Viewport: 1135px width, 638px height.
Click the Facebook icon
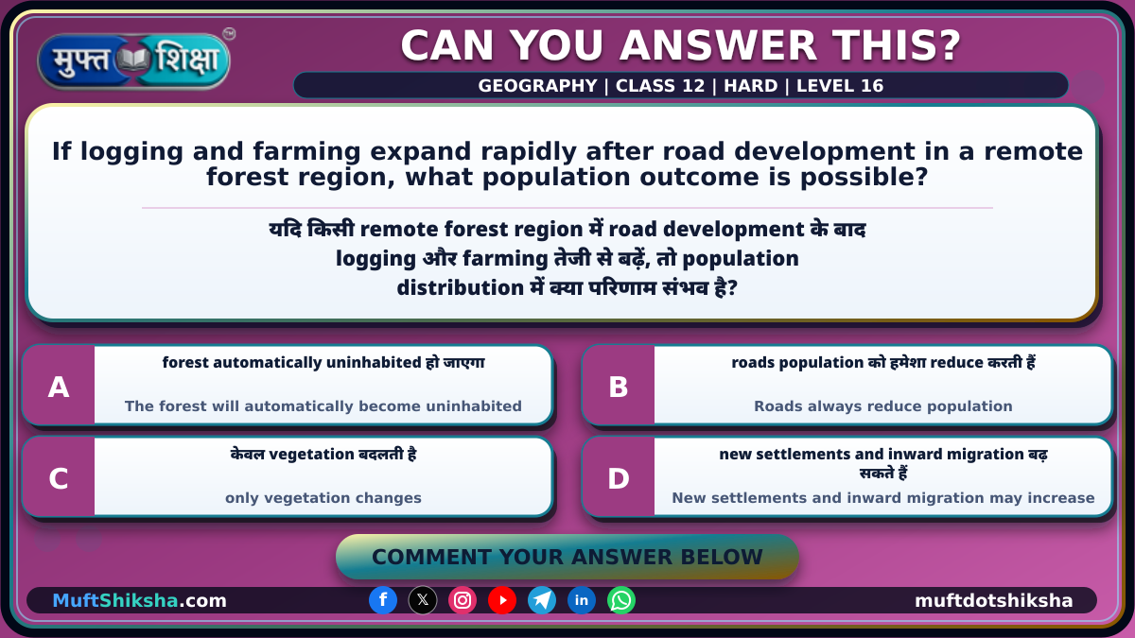(383, 600)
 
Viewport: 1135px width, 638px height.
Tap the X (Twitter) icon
(423, 600)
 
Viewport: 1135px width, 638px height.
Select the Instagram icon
(463, 600)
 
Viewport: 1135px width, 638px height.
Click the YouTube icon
(502, 600)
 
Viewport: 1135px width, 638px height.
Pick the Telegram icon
(542, 600)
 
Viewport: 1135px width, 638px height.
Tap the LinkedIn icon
(581, 600)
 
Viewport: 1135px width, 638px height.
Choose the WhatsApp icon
(621, 600)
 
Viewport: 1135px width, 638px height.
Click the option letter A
(59, 388)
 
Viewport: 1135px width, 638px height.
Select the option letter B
(619, 388)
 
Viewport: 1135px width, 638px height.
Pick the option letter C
(59, 478)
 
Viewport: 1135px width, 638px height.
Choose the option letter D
(619, 478)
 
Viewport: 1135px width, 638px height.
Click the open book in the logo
(133, 60)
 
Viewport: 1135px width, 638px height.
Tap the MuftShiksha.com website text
(139, 600)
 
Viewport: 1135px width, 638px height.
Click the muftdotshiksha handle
(994, 600)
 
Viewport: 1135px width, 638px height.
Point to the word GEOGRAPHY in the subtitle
(537, 86)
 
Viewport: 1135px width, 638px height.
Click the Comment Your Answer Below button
(567, 557)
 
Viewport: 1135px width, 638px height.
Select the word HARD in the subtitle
(750, 86)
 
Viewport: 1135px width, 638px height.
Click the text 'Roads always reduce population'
(883, 406)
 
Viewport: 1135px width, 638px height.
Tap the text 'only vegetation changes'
(323, 498)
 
